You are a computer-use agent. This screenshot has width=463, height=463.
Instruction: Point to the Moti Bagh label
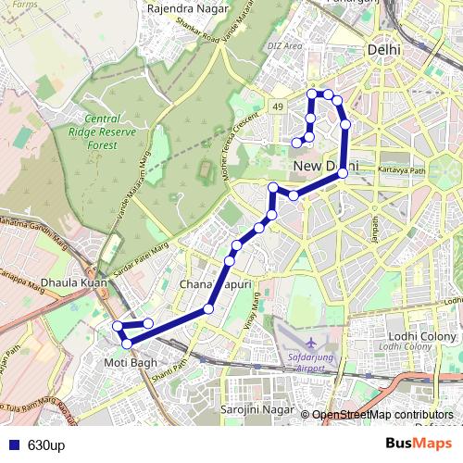click(131, 362)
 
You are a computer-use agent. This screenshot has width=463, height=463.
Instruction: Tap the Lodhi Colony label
click(418, 336)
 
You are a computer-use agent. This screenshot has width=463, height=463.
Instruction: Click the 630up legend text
click(45, 445)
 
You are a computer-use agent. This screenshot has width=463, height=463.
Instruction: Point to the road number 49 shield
click(278, 108)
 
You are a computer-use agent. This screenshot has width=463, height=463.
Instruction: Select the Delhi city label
click(383, 50)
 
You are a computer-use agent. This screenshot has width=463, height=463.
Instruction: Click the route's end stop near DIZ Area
click(296, 143)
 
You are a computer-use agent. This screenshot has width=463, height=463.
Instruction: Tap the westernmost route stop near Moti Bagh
click(118, 326)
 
